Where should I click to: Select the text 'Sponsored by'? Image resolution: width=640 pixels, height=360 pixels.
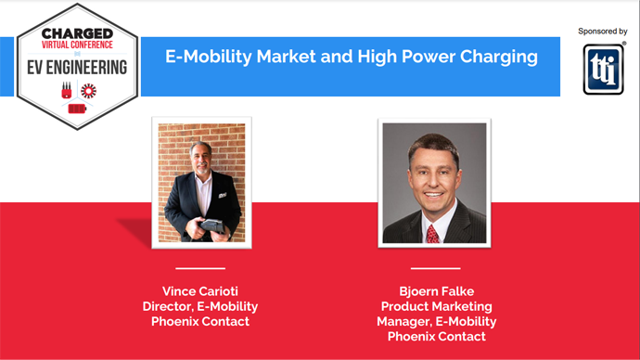pyautogui.click(x=602, y=31)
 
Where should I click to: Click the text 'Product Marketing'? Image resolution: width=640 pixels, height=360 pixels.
pyautogui.click(x=436, y=307)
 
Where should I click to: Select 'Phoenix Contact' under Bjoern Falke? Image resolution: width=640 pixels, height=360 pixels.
pyautogui.click(x=436, y=337)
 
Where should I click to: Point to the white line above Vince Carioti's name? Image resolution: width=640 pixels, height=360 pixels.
pyautogui.click(x=202, y=268)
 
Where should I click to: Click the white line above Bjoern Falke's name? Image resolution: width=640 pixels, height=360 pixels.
pyautogui.click(x=435, y=268)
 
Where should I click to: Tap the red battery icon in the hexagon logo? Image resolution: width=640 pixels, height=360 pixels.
pyautogui.click(x=77, y=109)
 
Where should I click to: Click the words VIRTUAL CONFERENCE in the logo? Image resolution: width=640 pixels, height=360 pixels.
pyautogui.click(x=77, y=44)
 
